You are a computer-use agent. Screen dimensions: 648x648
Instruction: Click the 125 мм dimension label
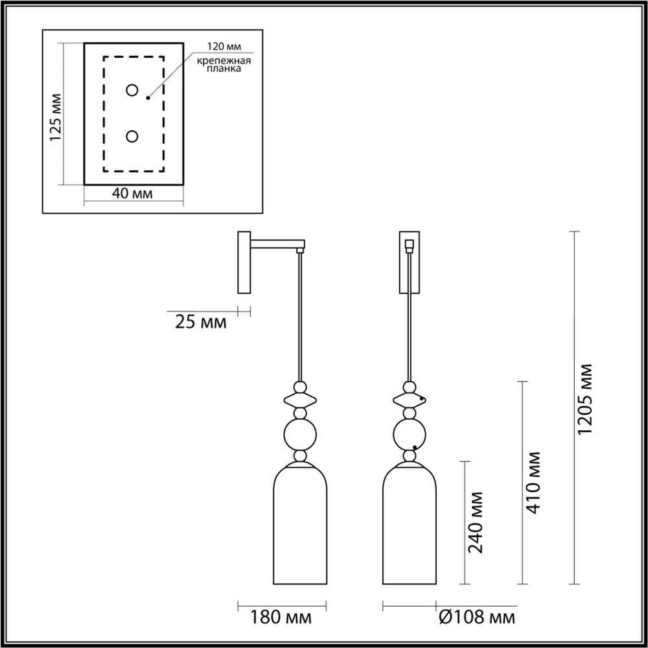click(55, 117)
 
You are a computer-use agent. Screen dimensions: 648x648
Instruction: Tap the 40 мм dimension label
click(132, 193)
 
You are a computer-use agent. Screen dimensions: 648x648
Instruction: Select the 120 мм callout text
click(224, 46)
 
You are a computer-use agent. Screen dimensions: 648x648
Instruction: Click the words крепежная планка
click(224, 64)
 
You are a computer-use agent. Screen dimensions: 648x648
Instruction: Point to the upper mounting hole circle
click(132, 89)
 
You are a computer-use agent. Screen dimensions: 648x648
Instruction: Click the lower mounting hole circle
click(132, 136)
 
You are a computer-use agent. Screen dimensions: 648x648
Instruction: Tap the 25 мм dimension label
click(201, 322)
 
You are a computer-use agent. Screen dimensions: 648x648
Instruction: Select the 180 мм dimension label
click(281, 618)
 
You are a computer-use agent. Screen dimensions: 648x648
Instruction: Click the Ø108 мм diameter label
click(478, 618)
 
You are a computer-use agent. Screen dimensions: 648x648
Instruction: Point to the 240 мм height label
click(475, 522)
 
